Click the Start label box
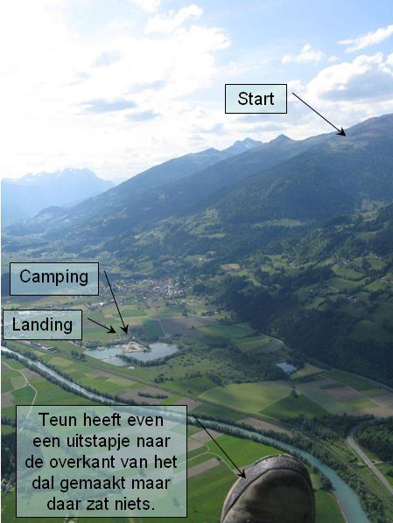(x=256, y=99)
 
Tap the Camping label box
(x=54, y=279)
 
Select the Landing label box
(x=42, y=324)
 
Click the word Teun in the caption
(x=58, y=420)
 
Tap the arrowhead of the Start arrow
(x=341, y=132)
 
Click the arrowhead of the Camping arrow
(x=125, y=329)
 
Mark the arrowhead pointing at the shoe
(x=242, y=474)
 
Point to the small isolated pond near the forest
(x=286, y=367)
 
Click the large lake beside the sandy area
(x=154, y=352)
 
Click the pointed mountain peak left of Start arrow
(x=282, y=137)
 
